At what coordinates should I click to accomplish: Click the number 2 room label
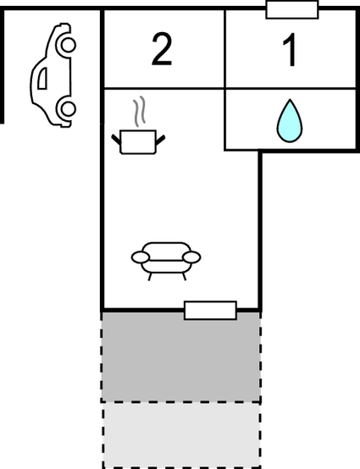click(162, 49)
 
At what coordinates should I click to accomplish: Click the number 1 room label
click(291, 50)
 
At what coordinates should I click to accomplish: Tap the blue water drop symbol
click(290, 120)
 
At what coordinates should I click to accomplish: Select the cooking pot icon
click(138, 141)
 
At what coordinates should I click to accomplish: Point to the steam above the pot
click(139, 111)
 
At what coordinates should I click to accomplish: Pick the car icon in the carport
click(53, 75)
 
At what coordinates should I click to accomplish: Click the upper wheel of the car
click(69, 45)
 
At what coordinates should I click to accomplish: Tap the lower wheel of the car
click(69, 108)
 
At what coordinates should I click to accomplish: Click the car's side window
click(42, 79)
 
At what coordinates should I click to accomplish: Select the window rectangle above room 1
click(292, 10)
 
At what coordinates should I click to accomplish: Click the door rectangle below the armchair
click(210, 311)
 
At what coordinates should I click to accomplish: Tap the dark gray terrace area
click(180, 357)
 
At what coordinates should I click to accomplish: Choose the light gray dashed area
click(181, 435)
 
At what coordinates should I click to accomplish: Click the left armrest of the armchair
click(141, 257)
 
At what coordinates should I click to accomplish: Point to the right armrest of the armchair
click(191, 257)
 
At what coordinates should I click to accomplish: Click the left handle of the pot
click(116, 140)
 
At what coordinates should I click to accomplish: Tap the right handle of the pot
click(160, 140)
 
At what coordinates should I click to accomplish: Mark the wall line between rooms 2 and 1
click(224, 49)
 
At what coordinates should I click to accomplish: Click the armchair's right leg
click(185, 277)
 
